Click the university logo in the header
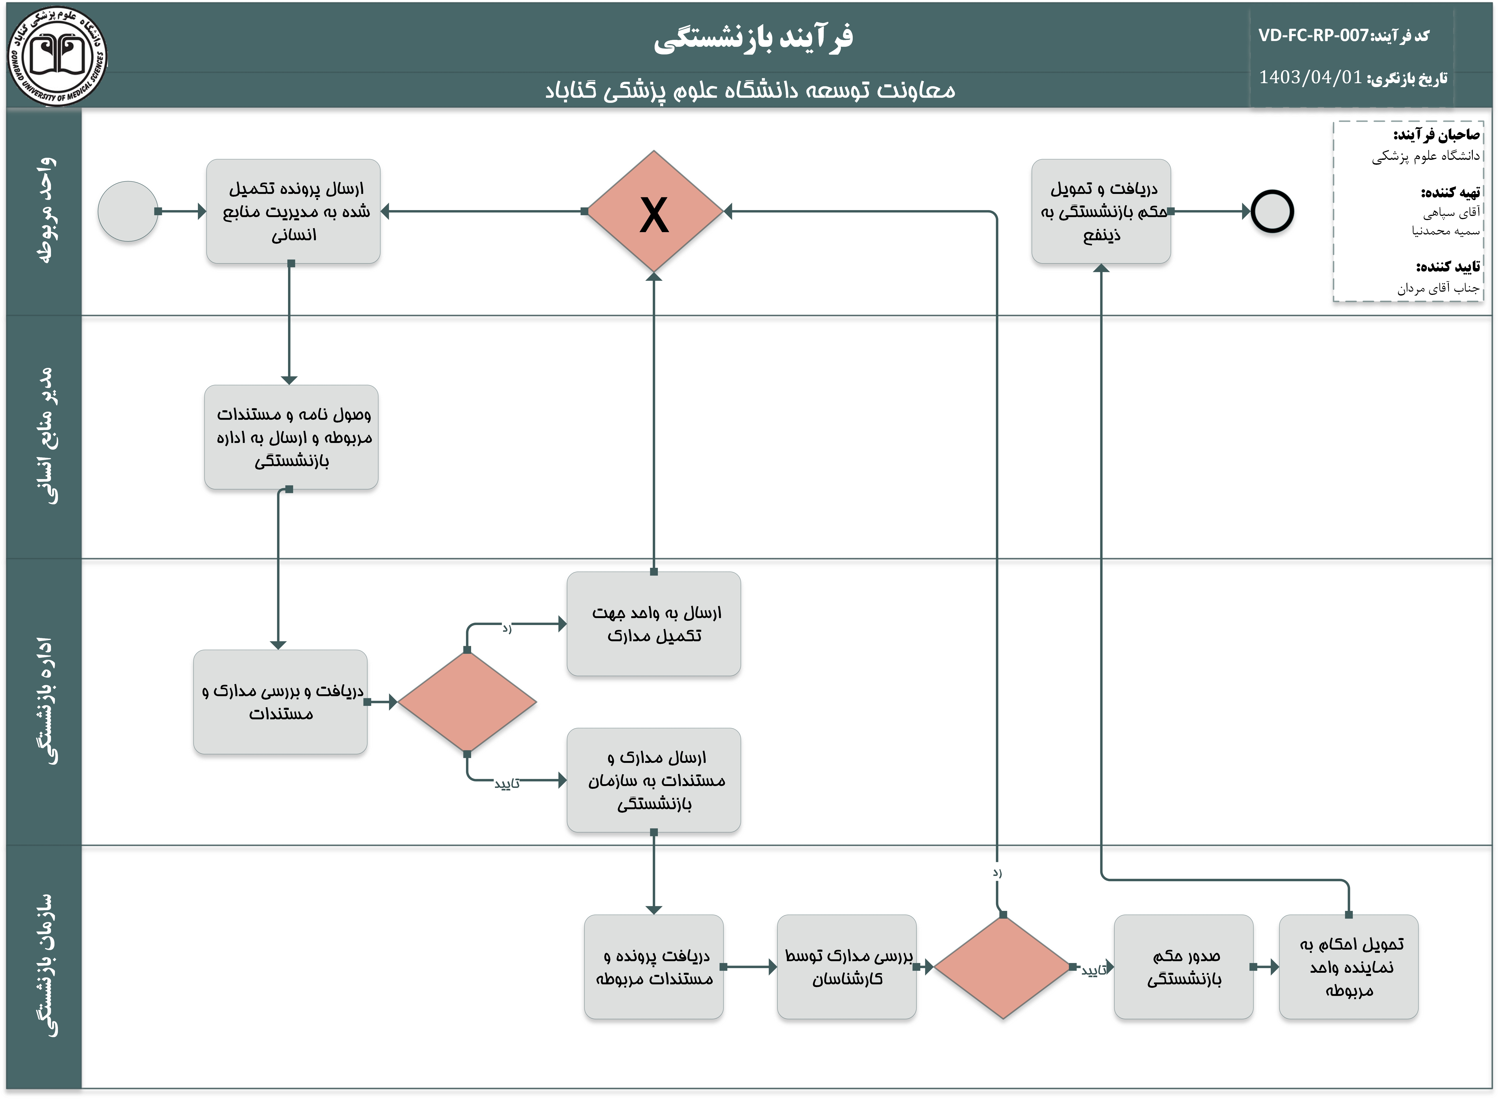coord(57,57)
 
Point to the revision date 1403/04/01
coord(1309,78)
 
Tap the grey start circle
coord(128,212)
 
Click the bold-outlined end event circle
coord(1271,212)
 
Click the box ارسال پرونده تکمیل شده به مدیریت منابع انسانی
coord(293,212)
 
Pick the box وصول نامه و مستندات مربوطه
coord(292,437)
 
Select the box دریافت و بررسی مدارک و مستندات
coord(280,702)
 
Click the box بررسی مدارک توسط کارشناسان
coord(846,967)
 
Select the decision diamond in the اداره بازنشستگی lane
coord(467,702)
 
